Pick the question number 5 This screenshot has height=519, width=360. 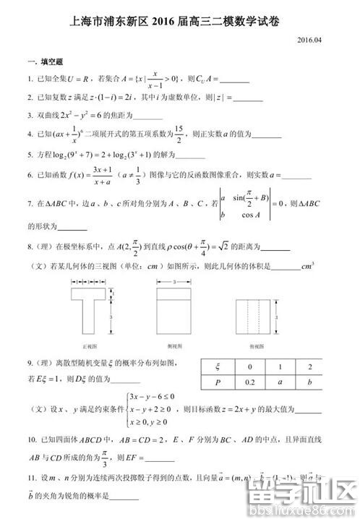(x=29, y=155)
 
